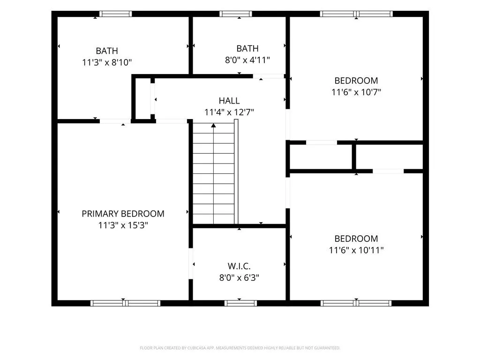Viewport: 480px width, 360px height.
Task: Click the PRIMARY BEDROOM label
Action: coord(123,214)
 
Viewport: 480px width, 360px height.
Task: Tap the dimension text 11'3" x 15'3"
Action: coord(123,225)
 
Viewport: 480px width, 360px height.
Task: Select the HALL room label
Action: coord(229,101)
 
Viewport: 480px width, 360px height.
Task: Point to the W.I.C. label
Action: coord(239,266)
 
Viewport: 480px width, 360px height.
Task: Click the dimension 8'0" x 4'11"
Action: coord(247,60)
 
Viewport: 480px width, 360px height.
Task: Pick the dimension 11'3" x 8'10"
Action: coord(107,62)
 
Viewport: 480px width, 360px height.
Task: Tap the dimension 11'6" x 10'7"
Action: coord(356,92)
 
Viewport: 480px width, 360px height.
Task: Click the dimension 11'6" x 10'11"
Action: coord(356,250)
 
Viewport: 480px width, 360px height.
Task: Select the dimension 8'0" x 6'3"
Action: coord(239,277)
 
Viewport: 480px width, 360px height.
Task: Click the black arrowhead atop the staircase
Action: coord(213,125)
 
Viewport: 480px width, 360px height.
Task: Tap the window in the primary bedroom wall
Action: coord(125,303)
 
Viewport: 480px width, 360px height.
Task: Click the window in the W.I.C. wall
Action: coord(240,303)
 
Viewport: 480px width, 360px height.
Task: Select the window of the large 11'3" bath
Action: coord(115,14)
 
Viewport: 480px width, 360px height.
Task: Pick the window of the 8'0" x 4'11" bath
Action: coord(236,14)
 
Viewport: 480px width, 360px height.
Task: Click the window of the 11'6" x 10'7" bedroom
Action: coord(356,14)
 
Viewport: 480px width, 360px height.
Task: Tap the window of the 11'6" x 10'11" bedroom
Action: coord(356,303)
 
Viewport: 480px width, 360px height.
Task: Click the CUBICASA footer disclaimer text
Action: coord(240,348)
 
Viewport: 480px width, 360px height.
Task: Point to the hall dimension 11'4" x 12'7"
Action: coord(229,112)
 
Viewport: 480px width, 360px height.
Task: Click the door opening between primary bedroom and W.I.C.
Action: coord(191,263)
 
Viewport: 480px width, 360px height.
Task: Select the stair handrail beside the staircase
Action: coord(236,172)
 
